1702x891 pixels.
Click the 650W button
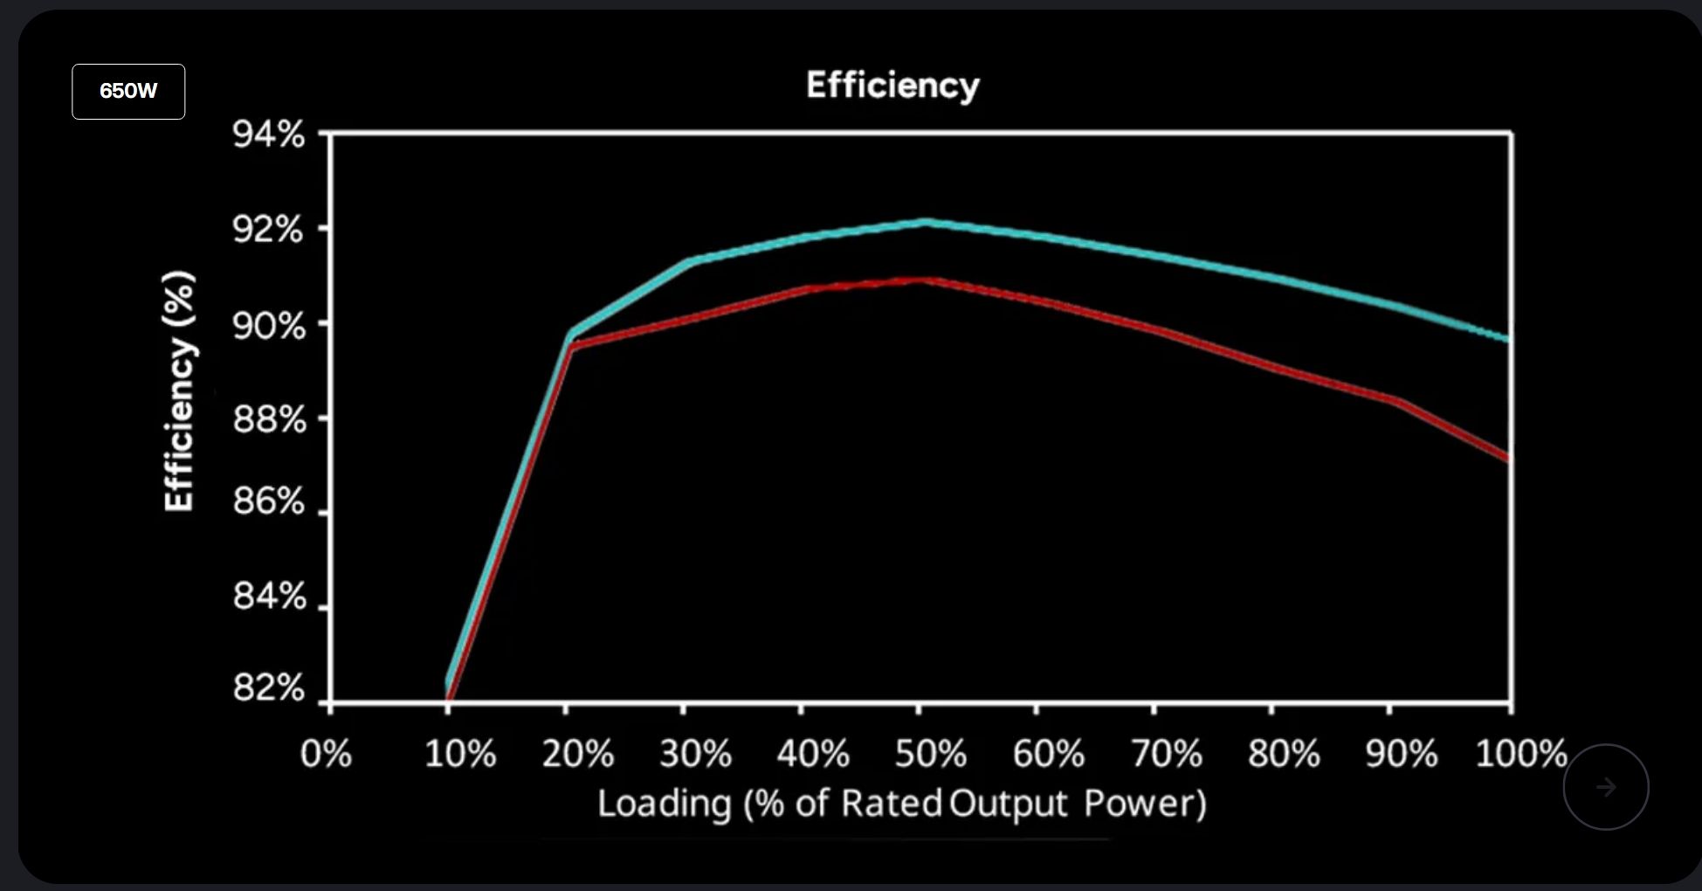click(128, 91)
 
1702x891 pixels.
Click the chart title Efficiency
click(892, 86)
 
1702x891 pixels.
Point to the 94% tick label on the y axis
click(269, 135)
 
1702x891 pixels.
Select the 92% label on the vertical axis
click(269, 230)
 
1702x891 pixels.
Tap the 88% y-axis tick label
click(269, 420)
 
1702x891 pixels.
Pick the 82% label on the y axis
click(269, 688)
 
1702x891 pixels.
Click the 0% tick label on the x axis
click(326, 753)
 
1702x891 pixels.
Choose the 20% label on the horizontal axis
click(577, 753)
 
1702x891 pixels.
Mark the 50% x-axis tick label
click(930, 753)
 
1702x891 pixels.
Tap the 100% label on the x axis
click(1520, 753)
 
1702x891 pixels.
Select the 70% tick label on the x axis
click(1166, 753)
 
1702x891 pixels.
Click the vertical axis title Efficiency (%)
click(179, 390)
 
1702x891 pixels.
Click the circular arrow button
click(1605, 787)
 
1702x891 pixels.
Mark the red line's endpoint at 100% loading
click(1508, 458)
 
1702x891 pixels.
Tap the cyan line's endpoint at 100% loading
click(1508, 339)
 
